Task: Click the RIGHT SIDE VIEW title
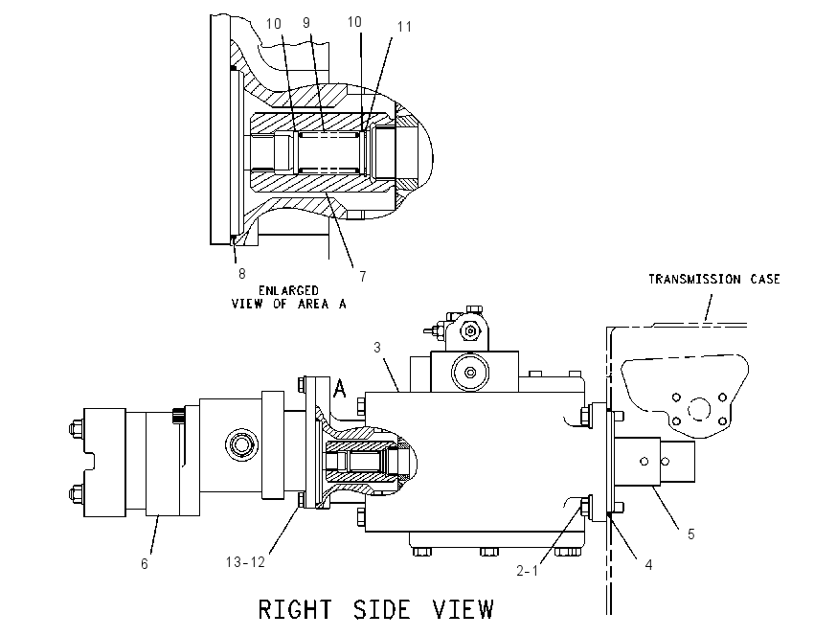(375, 609)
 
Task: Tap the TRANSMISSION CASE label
(714, 280)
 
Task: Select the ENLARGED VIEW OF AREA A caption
(288, 298)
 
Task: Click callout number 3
(377, 348)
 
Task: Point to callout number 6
(145, 563)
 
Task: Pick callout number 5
(691, 534)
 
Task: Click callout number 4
(648, 565)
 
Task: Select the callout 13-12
(245, 561)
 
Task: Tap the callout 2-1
(527, 571)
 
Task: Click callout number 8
(242, 274)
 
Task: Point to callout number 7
(363, 277)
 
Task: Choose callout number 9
(306, 22)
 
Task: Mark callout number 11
(404, 27)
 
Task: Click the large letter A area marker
(340, 388)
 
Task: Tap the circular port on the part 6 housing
(242, 444)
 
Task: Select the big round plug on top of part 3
(470, 373)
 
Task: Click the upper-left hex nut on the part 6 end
(76, 428)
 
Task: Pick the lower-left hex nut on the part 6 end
(76, 493)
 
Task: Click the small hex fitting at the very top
(474, 310)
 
